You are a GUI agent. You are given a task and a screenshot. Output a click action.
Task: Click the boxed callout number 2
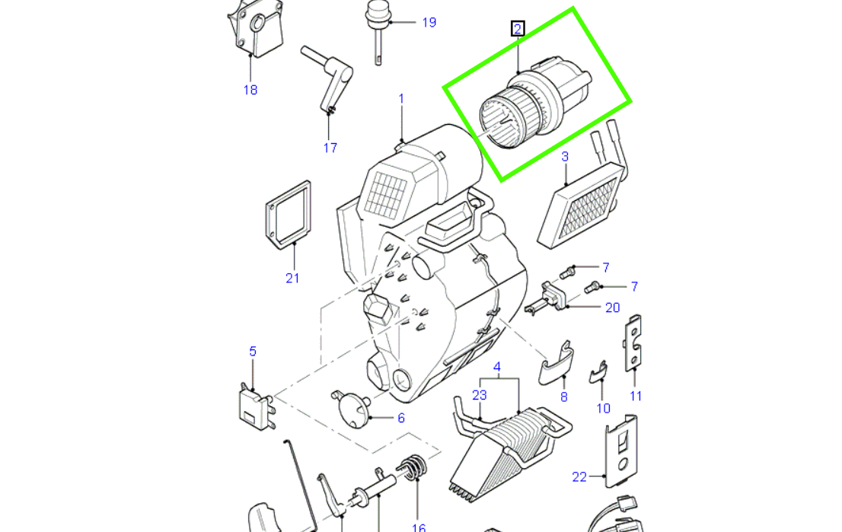(518, 30)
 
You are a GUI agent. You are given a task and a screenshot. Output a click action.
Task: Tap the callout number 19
(429, 22)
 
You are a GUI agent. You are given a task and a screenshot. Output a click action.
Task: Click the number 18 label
(250, 90)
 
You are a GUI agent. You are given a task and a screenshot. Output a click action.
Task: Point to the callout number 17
(330, 148)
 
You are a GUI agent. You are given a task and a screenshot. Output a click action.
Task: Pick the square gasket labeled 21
(289, 214)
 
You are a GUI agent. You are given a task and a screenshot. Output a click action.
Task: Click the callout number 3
(565, 158)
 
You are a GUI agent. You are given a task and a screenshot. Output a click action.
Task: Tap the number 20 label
(613, 307)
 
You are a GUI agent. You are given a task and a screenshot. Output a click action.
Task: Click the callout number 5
(253, 352)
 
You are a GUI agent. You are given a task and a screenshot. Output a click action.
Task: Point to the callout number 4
(496, 368)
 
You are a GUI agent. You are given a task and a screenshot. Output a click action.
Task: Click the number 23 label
(479, 395)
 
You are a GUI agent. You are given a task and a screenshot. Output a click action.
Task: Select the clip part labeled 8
(557, 365)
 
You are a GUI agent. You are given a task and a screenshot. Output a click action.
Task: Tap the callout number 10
(603, 409)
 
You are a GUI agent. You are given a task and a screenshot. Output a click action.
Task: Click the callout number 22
(579, 477)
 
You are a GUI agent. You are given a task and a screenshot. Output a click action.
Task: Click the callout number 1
(401, 99)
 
